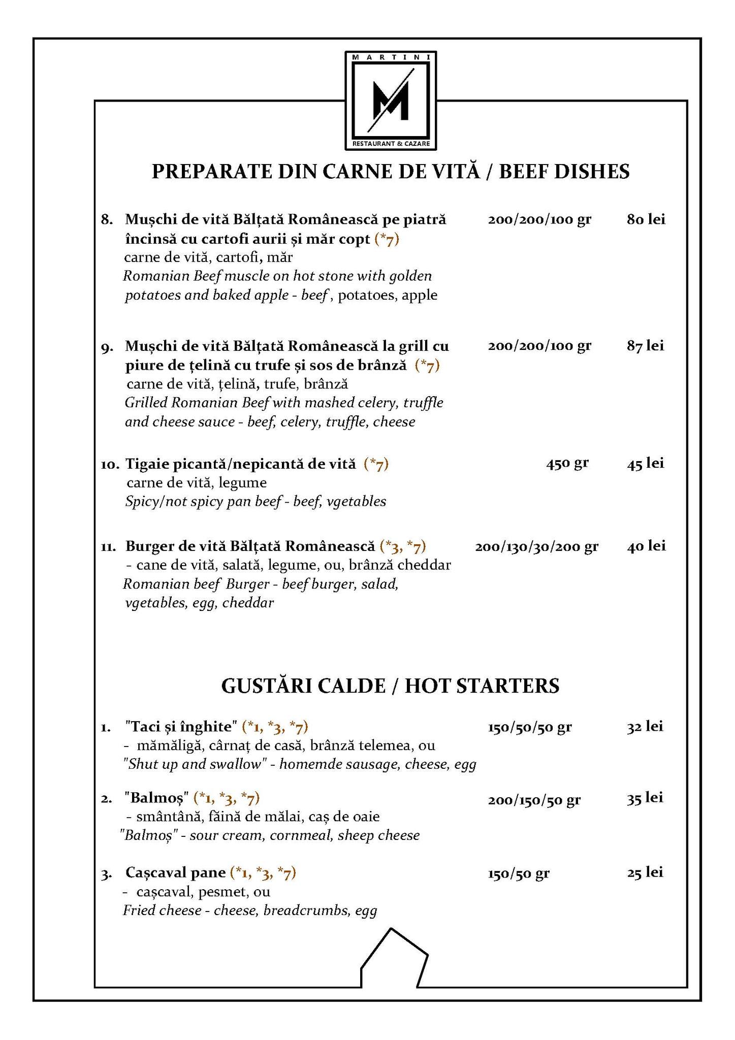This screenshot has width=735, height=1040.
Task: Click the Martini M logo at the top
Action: click(390, 101)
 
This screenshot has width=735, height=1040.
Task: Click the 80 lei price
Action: click(646, 219)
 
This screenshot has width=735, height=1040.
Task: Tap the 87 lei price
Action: click(645, 346)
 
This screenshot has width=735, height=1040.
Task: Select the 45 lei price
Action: click(645, 463)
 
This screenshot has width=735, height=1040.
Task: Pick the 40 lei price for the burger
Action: click(646, 546)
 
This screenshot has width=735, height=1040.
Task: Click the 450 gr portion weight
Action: click(567, 463)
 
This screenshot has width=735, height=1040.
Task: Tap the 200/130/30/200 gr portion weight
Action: click(536, 546)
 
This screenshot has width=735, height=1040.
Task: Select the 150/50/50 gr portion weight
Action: click(529, 727)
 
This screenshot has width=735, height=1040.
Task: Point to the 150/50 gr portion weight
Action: click(518, 873)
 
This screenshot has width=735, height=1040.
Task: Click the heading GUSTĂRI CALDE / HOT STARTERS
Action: click(390, 686)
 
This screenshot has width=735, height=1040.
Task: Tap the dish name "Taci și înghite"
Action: click(181, 727)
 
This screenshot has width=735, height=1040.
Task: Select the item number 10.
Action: click(110, 464)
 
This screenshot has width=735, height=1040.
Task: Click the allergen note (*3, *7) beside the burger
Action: click(402, 546)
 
